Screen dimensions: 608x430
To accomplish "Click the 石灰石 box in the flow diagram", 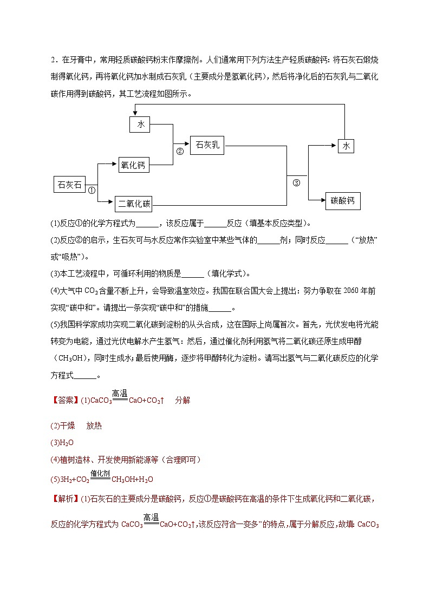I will pyautogui.click(x=69, y=185).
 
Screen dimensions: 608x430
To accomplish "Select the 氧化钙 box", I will pyautogui.click(x=133, y=166).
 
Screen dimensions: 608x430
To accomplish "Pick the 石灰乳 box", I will pyautogui.click(x=207, y=146).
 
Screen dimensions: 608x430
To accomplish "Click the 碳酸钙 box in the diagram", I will pyautogui.click(x=343, y=201).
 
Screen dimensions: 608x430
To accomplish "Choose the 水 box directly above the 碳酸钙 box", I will pyautogui.click(x=346, y=146).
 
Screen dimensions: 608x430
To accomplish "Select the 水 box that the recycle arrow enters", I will pyautogui.click(x=140, y=125).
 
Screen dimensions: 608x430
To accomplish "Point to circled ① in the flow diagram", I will pyautogui.click(x=92, y=191).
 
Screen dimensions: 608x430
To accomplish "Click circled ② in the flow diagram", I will pyautogui.click(x=180, y=152).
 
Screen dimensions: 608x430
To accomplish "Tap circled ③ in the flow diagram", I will pyautogui.click(x=296, y=182).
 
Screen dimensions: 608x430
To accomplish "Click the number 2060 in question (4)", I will pyautogui.click(x=340, y=291).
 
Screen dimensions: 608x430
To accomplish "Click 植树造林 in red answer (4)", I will pyautogui.click(x=74, y=460).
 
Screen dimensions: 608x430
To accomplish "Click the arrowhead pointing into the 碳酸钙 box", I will pyautogui.click(x=322, y=201).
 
